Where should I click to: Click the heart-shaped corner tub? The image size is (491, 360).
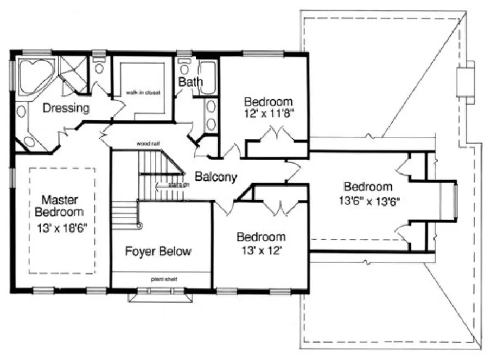(34, 76)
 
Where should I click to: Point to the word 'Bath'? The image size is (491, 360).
(190, 82)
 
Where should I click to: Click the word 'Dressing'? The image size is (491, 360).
(66, 108)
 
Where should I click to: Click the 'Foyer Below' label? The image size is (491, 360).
(158, 251)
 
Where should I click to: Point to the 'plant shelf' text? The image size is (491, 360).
(163, 280)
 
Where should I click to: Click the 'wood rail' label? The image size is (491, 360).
(148, 144)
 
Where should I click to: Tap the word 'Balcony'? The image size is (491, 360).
(216, 177)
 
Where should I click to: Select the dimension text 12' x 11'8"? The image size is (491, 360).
(269, 114)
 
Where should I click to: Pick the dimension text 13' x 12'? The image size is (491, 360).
(261, 250)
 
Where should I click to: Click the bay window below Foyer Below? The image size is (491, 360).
(160, 295)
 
